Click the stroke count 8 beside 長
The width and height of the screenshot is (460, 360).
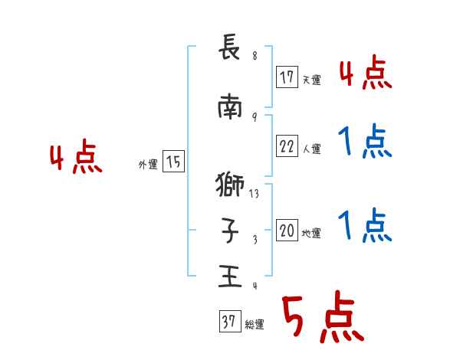[x=255, y=56]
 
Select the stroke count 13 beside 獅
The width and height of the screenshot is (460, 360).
[x=255, y=194]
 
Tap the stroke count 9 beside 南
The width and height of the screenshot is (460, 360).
[x=255, y=116]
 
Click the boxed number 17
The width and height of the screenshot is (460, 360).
[x=287, y=77]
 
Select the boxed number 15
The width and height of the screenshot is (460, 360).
[x=173, y=162]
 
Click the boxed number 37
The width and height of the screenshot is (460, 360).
[x=229, y=322]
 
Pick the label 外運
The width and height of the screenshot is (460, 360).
[x=148, y=165]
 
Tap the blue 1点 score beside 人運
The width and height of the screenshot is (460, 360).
[x=365, y=142]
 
